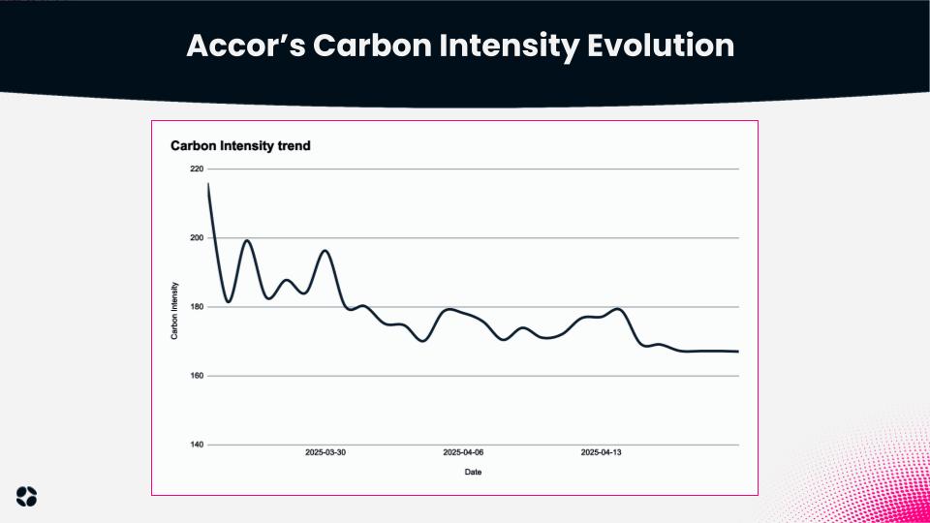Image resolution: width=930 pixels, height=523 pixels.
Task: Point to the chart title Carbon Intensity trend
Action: [240, 146]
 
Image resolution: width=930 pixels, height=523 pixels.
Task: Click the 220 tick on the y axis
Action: [197, 169]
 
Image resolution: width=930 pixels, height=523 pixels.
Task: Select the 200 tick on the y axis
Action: [197, 238]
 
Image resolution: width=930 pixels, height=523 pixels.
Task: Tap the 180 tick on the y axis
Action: [197, 307]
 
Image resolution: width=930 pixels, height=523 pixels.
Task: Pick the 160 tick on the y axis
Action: [197, 376]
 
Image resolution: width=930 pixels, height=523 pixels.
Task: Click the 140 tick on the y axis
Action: [197, 445]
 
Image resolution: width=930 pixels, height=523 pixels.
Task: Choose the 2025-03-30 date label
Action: [325, 452]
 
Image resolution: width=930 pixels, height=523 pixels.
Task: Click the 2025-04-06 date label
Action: [463, 452]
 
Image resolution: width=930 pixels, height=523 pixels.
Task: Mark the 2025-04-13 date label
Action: [601, 452]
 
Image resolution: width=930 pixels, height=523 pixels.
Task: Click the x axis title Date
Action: [473, 473]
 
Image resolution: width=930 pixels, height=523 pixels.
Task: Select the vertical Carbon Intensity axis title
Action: [174, 310]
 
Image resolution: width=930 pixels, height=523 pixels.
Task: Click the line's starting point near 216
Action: [208, 184]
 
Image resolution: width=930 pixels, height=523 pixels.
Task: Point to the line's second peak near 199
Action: [247, 240]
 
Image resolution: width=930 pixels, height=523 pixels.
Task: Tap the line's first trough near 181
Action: [228, 302]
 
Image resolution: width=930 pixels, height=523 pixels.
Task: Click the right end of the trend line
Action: [738, 352]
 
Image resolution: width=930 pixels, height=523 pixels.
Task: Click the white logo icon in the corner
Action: [27, 495]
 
